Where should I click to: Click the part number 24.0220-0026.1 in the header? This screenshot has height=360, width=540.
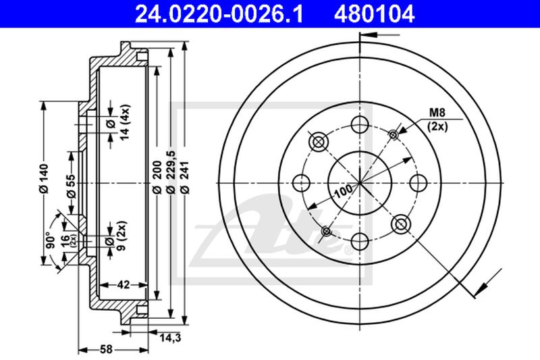point(211,11)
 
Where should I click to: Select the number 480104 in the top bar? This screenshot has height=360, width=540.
point(374,11)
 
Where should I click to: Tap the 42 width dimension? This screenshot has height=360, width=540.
point(122,285)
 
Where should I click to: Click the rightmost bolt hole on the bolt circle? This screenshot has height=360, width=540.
point(418,182)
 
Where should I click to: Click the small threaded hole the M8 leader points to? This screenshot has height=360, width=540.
point(394,134)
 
